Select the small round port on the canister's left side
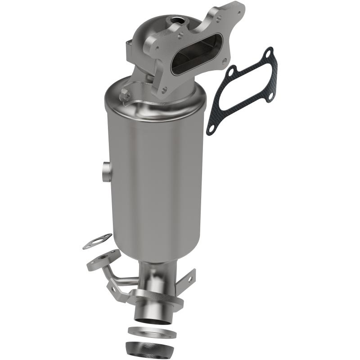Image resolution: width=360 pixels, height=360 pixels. [106, 171]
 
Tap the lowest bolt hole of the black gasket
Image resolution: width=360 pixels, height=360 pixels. [211, 129]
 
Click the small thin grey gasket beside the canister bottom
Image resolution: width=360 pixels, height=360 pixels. [97, 241]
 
